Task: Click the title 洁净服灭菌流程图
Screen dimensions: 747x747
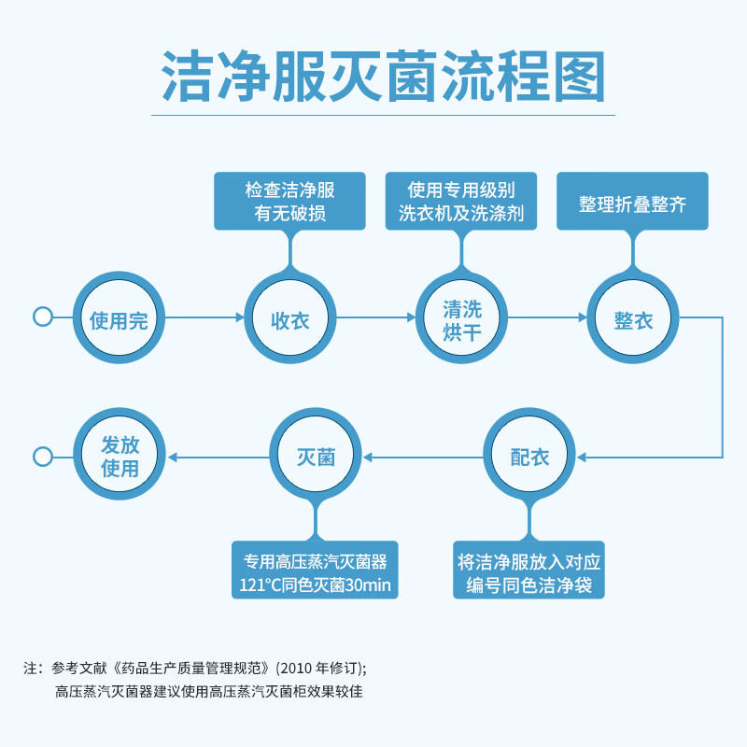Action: [x=384, y=77]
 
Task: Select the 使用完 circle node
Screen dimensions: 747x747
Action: [x=119, y=317]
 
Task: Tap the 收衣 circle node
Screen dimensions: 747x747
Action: [x=290, y=317]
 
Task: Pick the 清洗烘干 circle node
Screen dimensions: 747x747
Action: [x=461, y=317]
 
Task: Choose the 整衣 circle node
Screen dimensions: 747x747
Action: [x=633, y=317]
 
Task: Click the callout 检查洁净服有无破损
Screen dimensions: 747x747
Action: [x=289, y=201]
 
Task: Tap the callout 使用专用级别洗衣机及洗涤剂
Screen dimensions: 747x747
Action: [x=461, y=201]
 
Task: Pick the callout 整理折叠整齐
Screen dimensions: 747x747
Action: [x=633, y=201]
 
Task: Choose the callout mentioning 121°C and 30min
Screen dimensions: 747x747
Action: [x=315, y=570]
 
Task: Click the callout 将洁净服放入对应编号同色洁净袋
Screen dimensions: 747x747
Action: [x=529, y=570]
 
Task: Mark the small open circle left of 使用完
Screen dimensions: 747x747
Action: [x=43, y=317]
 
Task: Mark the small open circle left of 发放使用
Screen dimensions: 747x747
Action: [x=43, y=457]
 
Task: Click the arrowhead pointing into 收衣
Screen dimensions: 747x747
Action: [x=240, y=317]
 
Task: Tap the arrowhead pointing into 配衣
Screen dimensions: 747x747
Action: [x=581, y=458]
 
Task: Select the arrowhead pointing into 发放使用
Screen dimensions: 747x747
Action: [x=173, y=458]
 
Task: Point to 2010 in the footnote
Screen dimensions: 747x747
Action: [x=296, y=668]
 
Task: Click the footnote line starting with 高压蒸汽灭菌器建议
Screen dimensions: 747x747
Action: [x=208, y=691]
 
